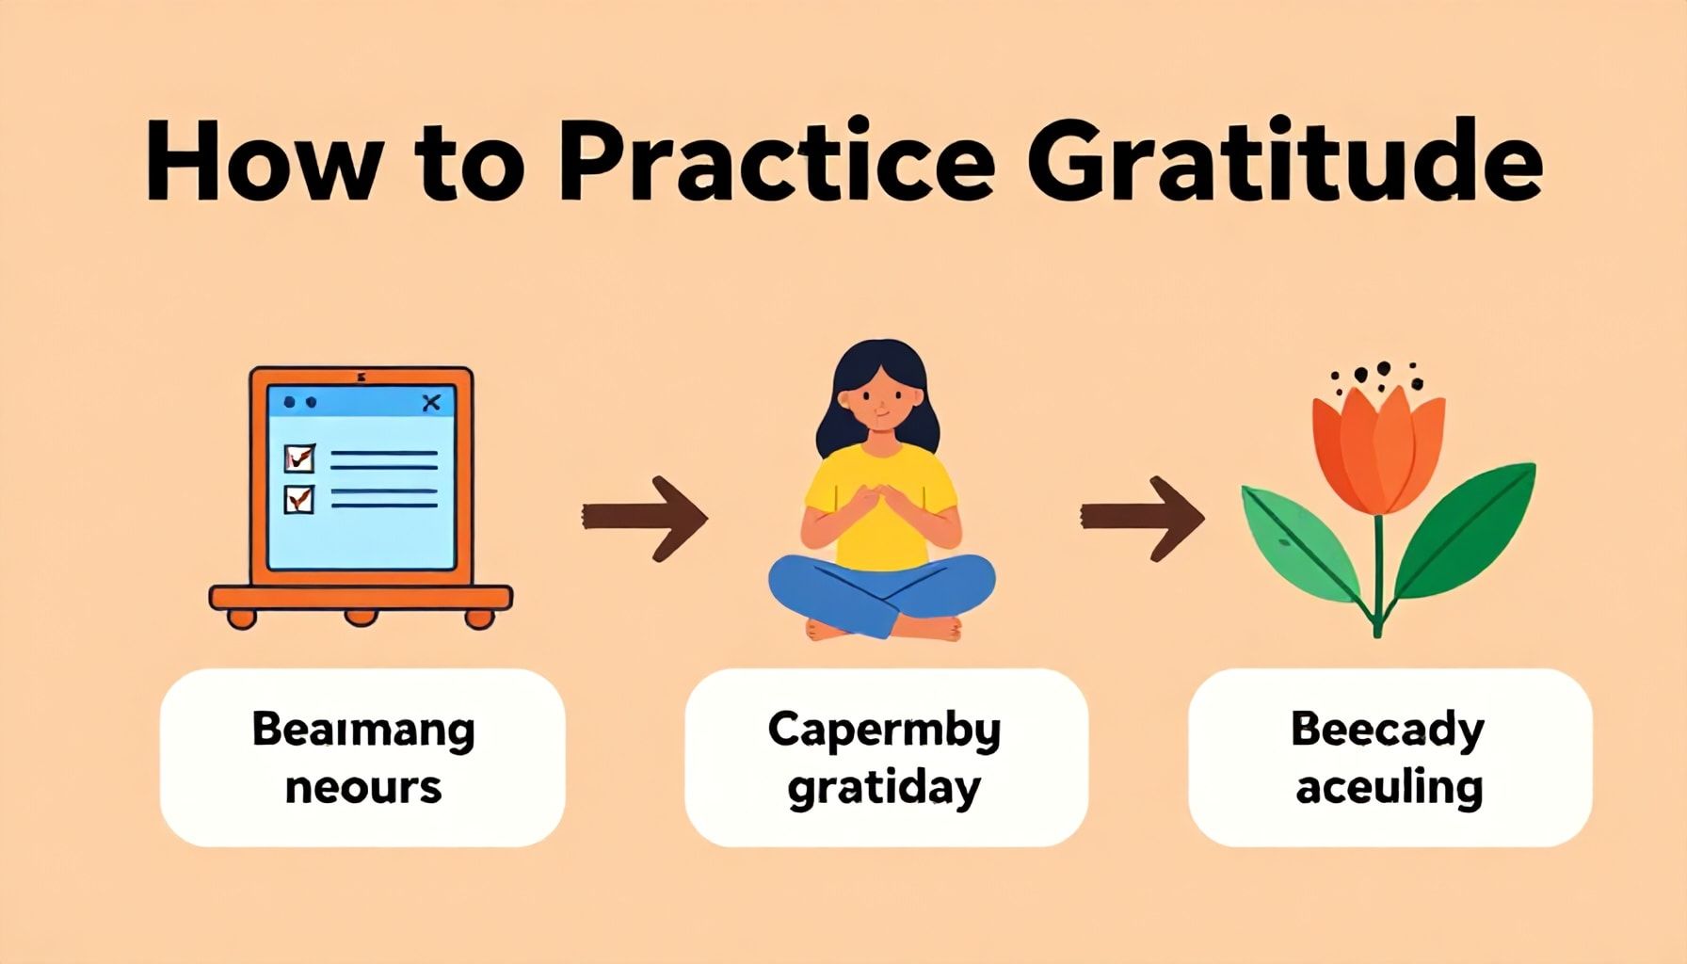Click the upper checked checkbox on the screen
point(299,458)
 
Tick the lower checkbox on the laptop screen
point(299,498)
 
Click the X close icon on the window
point(431,403)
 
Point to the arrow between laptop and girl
point(645,518)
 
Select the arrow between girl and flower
point(1142,518)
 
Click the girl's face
point(878,402)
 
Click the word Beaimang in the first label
point(363,731)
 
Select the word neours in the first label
point(363,788)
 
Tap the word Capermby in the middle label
point(884,731)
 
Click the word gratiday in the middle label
point(884,788)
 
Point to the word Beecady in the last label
point(1388,731)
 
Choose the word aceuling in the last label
point(1390,788)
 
